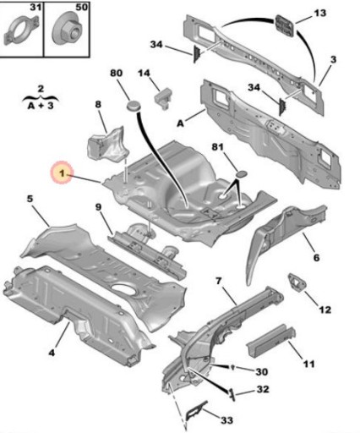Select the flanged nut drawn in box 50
64,36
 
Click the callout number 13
319,14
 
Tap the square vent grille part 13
287,25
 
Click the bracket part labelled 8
108,141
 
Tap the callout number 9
99,207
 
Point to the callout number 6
316,258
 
